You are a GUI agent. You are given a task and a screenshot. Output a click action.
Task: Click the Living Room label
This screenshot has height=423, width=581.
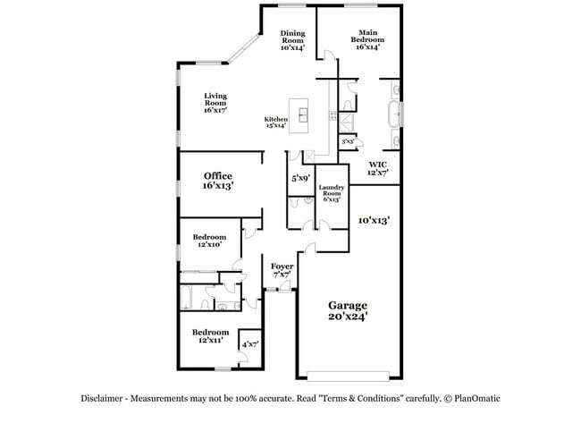(215, 104)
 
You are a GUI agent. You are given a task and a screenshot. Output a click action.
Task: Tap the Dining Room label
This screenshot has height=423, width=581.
(292, 40)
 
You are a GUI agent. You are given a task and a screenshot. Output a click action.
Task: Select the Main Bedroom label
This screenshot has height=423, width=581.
(367, 40)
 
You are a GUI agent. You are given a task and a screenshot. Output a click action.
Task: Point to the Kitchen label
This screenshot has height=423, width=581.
(275, 123)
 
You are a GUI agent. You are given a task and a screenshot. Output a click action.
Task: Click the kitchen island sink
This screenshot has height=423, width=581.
(304, 114)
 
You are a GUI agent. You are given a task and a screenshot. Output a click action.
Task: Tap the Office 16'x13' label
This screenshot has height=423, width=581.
(218, 181)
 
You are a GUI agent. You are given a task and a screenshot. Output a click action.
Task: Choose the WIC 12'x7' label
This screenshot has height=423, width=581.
(378, 168)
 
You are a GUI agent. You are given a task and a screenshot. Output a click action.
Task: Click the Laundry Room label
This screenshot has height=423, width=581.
(332, 194)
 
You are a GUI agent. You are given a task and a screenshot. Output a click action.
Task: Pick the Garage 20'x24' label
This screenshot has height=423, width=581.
(348, 310)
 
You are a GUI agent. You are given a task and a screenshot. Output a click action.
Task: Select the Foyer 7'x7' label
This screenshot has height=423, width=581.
(282, 269)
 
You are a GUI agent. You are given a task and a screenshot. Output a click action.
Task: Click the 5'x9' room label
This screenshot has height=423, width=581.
(300, 179)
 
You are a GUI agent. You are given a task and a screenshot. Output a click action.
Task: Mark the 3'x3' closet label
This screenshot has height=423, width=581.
(347, 141)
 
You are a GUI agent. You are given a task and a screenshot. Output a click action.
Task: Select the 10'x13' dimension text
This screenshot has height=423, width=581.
(374, 219)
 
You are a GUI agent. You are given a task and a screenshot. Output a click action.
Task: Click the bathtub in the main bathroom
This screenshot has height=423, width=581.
(392, 115)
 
